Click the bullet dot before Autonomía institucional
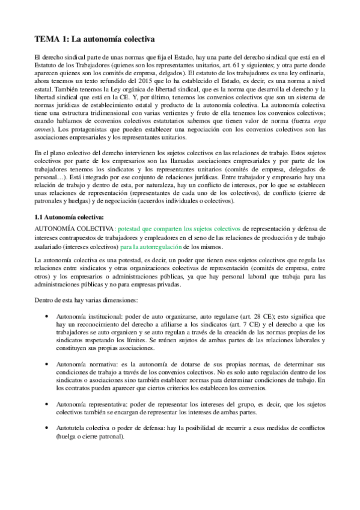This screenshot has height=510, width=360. pos(47,316)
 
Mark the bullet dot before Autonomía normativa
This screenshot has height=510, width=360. pos(47,365)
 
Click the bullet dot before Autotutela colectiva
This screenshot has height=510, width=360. pos(47,428)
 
